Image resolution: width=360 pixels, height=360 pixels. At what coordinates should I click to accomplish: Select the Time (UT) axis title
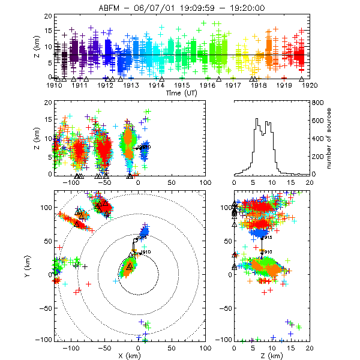coord(181,94)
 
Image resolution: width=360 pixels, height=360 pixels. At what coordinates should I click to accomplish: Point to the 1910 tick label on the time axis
coord(55,86)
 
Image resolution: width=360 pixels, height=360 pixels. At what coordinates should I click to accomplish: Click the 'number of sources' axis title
coord(333,138)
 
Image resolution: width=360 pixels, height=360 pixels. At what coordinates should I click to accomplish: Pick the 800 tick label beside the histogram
coord(318,103)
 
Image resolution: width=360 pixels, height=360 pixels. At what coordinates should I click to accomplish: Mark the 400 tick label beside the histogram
coord(318,139)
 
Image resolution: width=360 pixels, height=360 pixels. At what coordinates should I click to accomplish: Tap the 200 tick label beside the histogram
coord(318,157)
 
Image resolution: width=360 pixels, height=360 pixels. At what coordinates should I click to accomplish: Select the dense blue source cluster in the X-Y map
coord(144,232)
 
